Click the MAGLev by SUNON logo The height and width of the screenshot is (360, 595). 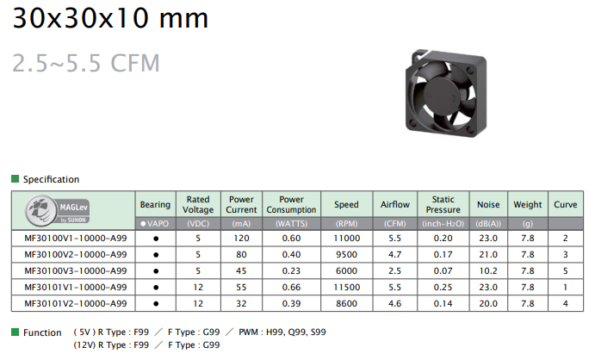pos(58,210)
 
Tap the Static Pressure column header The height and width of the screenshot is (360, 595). pos(443,204)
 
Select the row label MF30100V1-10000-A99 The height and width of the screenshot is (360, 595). pos(76,239)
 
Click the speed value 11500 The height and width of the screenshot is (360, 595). pos(346,287)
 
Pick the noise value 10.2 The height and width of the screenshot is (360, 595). pos(488,270)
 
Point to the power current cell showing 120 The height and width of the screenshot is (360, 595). pos(241,239)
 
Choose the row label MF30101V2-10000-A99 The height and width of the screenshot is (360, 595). pos(76,303)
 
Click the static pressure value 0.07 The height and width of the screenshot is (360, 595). pos(443,270)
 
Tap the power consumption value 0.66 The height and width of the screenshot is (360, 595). pos(291,287)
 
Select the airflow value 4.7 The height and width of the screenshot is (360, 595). pos(394,255)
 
